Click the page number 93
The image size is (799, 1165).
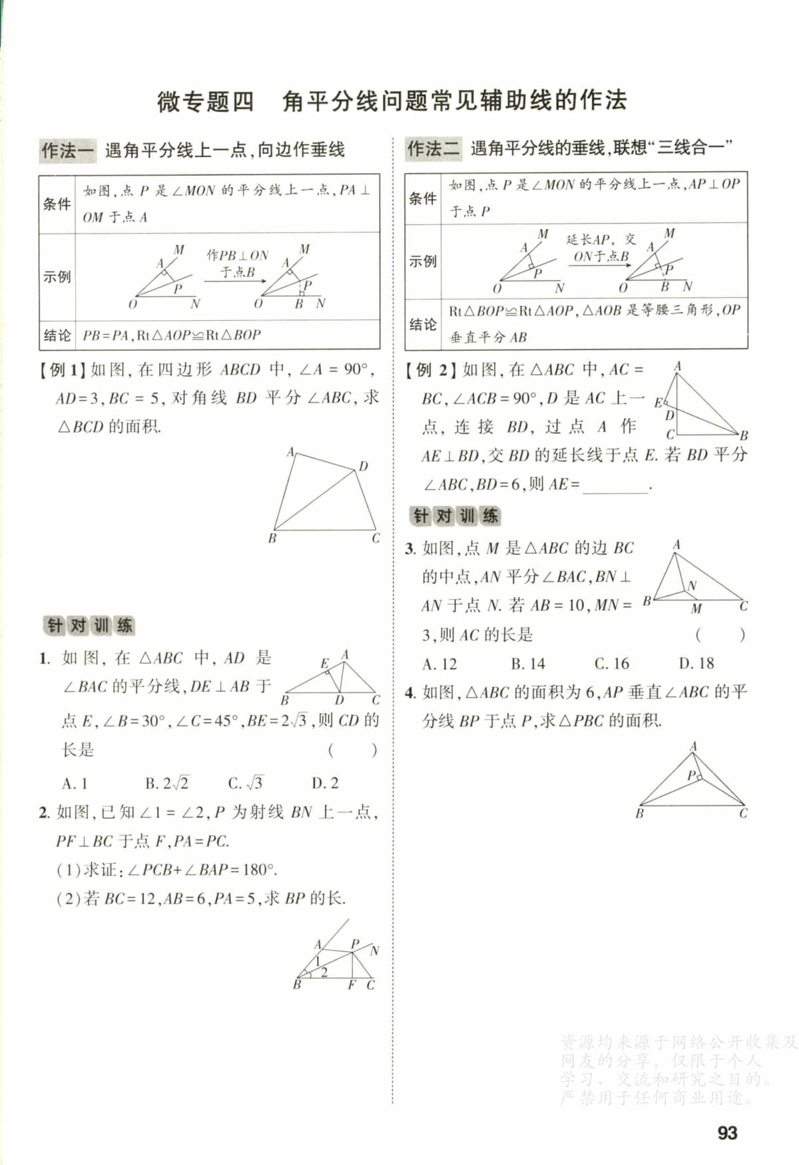[x=727, y=1132]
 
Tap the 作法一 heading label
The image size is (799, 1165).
[x=67, y=150]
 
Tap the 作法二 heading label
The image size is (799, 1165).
[x=433, y=148]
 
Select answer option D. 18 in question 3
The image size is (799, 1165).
[x=696, y=663]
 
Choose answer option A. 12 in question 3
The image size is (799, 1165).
[x=439, y=663]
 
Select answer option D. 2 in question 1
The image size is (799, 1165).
[x=325, y=783]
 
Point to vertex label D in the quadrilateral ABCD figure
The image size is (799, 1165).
[x=363, y=466]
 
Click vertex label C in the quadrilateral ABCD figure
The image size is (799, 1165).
[x=376, y=538]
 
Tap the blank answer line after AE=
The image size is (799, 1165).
[x=615, y=486]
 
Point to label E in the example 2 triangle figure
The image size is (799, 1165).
[x=658, y=402]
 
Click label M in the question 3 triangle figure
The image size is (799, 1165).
[x=696, y=608]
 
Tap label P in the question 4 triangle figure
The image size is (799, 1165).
[x=691, y=775]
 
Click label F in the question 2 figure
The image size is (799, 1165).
[x=352, y=985]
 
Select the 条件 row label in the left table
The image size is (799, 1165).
[x=57, y=204]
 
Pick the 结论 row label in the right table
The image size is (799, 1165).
[x=423, y=324]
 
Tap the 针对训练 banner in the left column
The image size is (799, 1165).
[x=89, y=625]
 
